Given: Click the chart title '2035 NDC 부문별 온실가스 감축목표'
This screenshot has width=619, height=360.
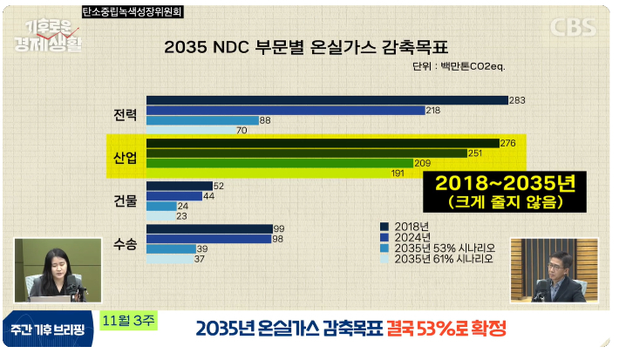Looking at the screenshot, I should [x=310, y=45].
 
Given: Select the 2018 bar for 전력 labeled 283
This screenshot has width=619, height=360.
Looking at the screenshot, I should [x=327, y=100].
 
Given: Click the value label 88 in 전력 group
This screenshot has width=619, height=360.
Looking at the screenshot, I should [x=265, y=120].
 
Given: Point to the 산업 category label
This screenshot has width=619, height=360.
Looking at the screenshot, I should [x=126, y=158].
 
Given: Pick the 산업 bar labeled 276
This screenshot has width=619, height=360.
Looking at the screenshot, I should [x=323, y=143].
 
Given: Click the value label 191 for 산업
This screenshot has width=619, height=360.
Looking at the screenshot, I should [x=398, y=173].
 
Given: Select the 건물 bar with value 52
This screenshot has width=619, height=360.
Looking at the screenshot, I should [x=180, y=186].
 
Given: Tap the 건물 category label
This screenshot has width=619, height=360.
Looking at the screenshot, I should [x=126, y=201].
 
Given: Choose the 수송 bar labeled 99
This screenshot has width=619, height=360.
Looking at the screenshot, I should [x=208, y=228].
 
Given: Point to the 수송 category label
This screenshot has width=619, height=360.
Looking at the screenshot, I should [x=126, y=244].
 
